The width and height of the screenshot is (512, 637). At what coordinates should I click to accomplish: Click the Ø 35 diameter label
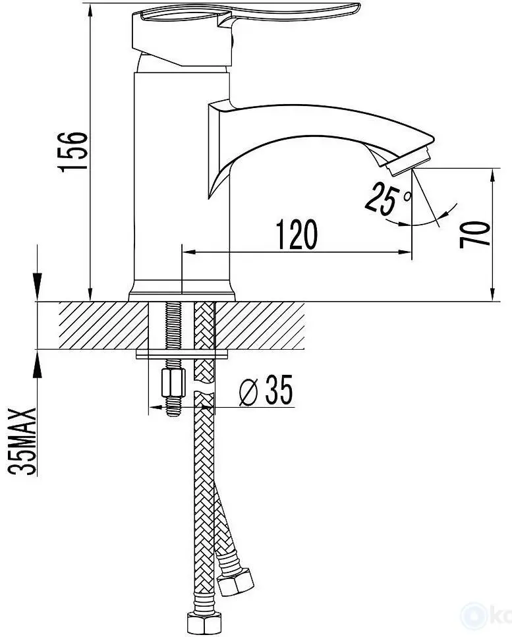pos(265,393)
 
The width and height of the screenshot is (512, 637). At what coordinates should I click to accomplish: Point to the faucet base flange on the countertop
pos(182,292)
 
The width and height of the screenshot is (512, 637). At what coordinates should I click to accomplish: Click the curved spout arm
pos(316,132)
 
